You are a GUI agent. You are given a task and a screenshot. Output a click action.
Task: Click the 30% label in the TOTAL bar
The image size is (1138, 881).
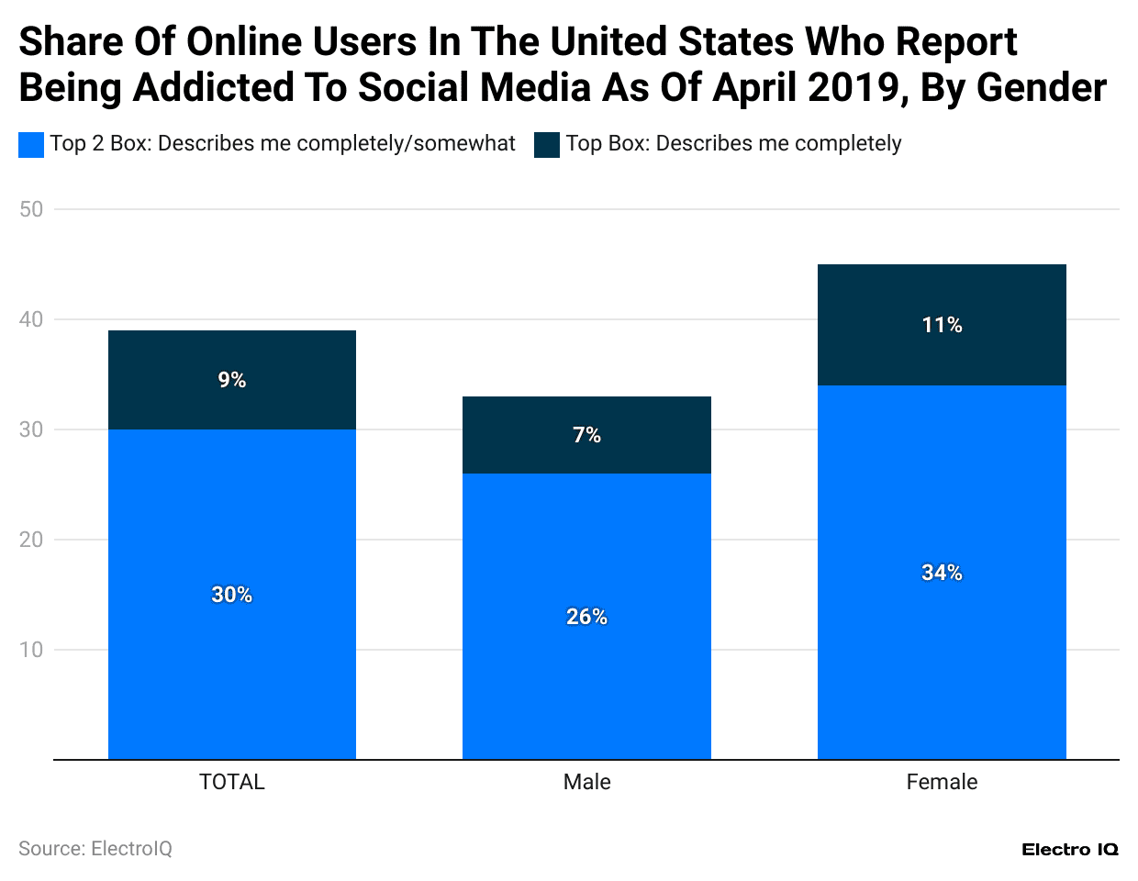tap(231, 595)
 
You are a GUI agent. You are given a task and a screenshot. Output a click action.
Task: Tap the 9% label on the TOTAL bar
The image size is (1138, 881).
tap(231, 380)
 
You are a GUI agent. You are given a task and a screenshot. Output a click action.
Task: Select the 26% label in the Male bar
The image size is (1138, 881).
tap(586, 617)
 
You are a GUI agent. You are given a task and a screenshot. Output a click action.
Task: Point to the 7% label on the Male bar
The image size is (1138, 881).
tap(586, 435)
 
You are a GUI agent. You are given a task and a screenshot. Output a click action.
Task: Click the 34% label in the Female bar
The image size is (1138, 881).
tap(942, 573)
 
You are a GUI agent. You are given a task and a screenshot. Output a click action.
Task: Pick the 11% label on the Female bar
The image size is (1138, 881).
tap(942, 325)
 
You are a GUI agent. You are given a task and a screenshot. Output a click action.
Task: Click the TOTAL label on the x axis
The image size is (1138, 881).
tap(231, 782)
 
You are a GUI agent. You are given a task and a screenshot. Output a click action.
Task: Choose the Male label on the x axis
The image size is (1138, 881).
tap(586, 782)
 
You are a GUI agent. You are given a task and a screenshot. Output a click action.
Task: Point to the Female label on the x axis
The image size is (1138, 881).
tap(942, 782)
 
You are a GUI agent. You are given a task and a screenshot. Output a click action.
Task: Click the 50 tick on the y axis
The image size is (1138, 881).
tap(31, 209)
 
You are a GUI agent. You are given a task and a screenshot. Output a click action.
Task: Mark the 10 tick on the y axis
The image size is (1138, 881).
tap(31, 650)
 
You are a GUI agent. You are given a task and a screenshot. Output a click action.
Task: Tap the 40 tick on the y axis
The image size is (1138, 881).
tap(31, 319)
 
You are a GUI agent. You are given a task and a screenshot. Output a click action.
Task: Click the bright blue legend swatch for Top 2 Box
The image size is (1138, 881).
tap(31, 145)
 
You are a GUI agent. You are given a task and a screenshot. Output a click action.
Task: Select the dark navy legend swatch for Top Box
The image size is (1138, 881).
tap(547, 145)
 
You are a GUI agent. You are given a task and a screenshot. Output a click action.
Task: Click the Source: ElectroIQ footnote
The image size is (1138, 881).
tap(95, 849)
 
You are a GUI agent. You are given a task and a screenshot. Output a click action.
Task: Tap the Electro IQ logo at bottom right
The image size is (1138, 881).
tap(1069, 850)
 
